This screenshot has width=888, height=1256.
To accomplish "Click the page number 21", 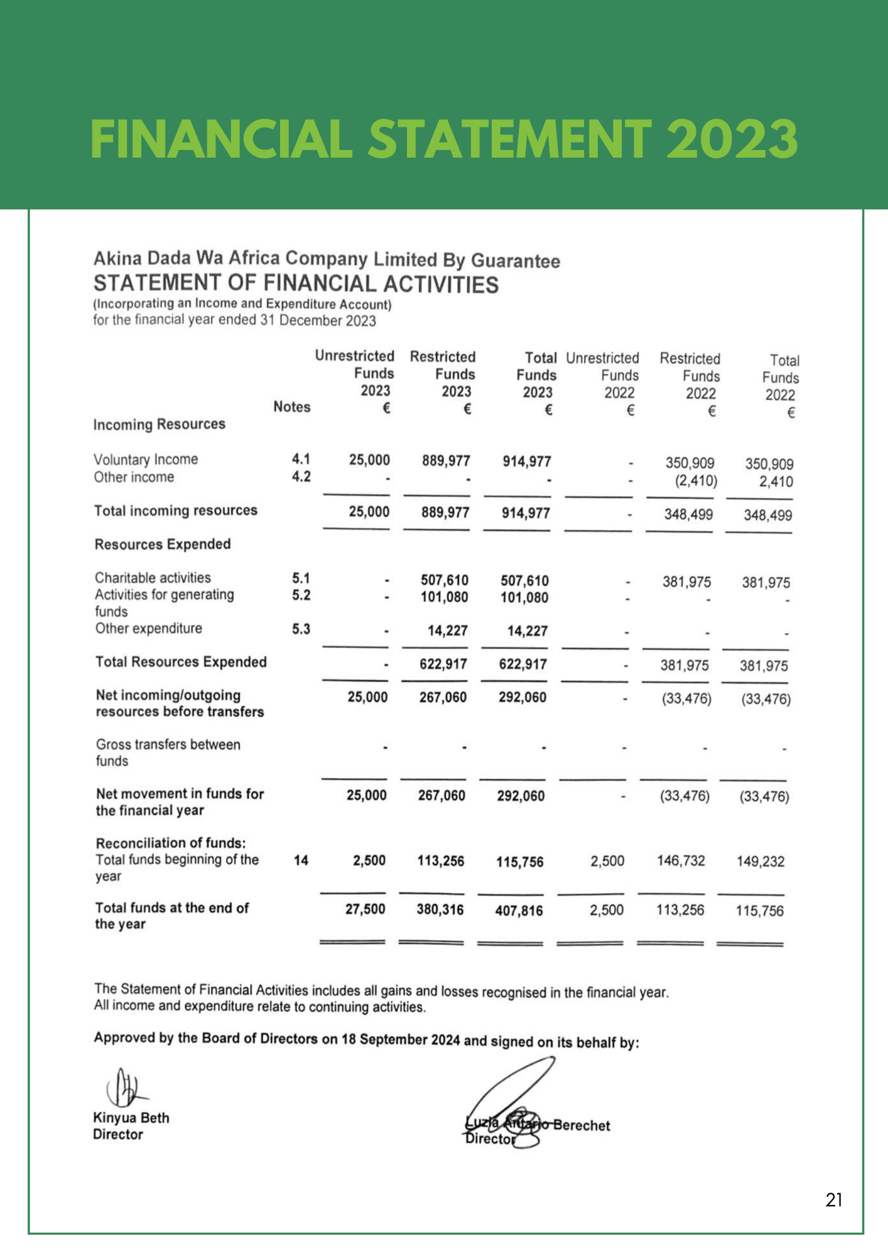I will (833, 1200).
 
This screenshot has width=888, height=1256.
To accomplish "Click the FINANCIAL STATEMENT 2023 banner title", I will (444, 139).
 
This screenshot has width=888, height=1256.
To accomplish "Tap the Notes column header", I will (291, 407).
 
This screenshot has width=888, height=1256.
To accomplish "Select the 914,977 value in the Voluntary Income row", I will (526, 462).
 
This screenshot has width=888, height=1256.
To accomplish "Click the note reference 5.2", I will (301, 595).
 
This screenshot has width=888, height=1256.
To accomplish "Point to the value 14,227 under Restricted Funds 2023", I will (447, 631).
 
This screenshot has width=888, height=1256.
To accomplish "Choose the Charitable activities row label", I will (153, 578).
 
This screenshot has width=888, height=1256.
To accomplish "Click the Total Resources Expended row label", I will (181, 662).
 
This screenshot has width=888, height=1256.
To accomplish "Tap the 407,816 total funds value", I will (519, 911).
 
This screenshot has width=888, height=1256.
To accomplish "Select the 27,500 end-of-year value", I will (365, 909).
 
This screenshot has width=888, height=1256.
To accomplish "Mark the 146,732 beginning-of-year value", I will (681, 860).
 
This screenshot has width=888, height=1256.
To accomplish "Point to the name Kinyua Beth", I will (131, 1118).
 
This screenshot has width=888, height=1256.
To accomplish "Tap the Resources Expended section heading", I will (163, 544).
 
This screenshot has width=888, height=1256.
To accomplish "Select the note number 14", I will (301, 860).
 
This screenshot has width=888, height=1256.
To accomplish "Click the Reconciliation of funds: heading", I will (170, 843).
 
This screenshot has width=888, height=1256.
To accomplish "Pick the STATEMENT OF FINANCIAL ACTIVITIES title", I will (296, 284).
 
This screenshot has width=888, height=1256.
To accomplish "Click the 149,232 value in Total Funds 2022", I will (760, 862).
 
